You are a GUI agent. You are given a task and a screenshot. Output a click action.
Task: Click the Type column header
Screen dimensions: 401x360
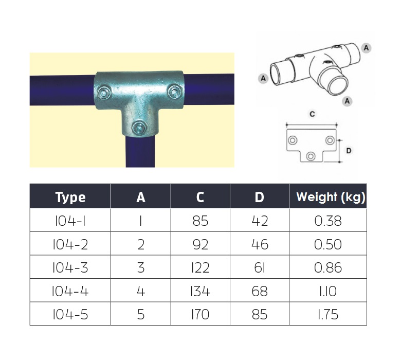tap(70, 197)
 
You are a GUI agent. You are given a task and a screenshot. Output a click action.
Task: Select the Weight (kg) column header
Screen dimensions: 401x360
tap(331, 197)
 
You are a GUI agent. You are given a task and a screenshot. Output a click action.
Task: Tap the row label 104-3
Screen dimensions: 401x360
tap(70, 267)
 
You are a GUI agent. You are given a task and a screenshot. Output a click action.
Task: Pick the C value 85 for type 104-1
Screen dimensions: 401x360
tap(200, 221)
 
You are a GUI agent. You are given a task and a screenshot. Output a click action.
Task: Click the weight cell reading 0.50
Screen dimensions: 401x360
tap(328, 244)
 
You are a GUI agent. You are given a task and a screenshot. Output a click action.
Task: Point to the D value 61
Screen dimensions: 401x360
tap(260, 267)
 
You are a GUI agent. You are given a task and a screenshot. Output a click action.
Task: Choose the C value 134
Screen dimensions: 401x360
tap(200, 291)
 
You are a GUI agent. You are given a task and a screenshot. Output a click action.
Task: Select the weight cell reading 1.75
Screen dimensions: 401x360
tap(328, 314)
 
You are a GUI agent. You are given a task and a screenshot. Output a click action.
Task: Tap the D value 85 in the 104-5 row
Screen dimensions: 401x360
tap(260, 314)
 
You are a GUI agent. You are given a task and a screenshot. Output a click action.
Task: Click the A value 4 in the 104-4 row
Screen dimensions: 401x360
tap(141, 291)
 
